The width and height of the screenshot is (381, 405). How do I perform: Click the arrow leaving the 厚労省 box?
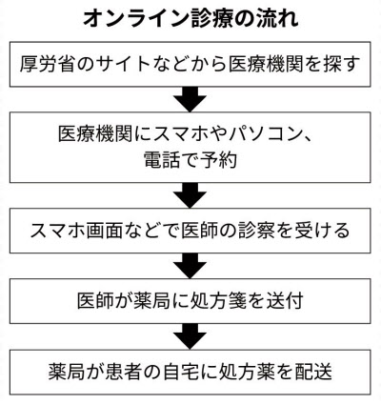pyautogui.click(x=190, y=99)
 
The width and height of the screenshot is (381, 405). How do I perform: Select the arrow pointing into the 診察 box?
pyautogui.click(x=190, y=195)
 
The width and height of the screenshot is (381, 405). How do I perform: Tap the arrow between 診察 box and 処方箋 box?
pyautogui.click(x=190, y=266)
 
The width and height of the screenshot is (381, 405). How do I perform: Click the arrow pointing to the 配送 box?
pyautogui.click(x=190, y=336)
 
